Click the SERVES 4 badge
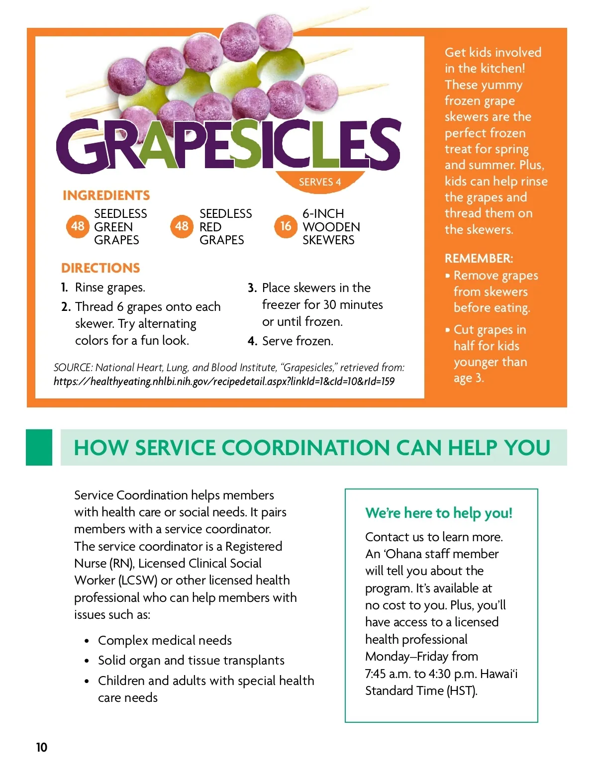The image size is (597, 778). (320, 182)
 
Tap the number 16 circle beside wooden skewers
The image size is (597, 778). (286, 226)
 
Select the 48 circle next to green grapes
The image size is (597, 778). (78, 226)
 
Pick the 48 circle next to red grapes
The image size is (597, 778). (182, 226)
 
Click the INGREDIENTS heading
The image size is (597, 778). (106, 195)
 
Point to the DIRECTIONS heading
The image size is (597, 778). (100, 268)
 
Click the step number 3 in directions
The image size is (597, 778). (252, 288)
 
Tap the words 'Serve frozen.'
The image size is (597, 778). (298, 341)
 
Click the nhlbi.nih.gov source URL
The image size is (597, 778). (224, 382)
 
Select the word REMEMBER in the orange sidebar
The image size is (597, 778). (478, 259)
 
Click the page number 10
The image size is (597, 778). (42, 747)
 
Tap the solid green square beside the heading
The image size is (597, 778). (39, 447)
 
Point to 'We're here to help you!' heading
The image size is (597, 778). (439, 513)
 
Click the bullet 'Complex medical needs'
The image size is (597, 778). (165, 640)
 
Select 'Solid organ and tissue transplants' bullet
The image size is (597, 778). (191, 660)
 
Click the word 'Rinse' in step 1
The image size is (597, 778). (90, 288)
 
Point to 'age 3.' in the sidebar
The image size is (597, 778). (468, 378)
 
